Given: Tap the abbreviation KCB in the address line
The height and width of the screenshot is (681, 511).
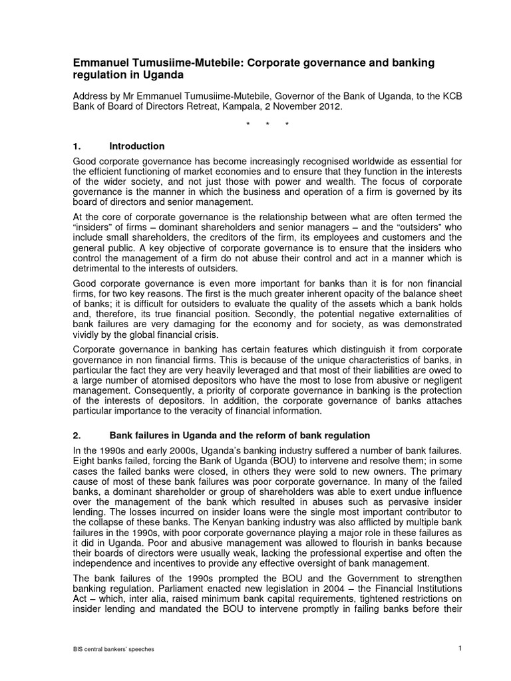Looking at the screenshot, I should pyautogui.click(x=452, y=97).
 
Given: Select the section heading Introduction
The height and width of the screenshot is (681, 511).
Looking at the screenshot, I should pyautogui.click(x=137, y=146).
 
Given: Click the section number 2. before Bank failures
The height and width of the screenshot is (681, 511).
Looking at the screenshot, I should pyautogui.click(x=76, y=436).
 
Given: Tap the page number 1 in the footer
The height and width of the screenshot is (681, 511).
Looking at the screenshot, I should pyautogui.click(x=460, y=648).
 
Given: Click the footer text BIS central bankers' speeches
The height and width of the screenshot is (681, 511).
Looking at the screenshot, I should pyautogui.click(x=114, y=649).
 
